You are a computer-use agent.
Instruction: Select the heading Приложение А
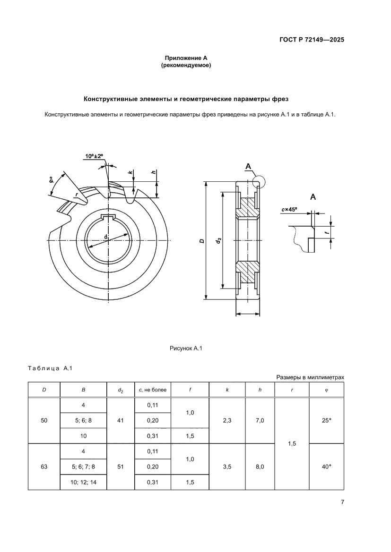(186, 58)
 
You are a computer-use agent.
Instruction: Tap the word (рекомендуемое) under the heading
(186, 66)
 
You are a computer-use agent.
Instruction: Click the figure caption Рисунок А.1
(186, 348)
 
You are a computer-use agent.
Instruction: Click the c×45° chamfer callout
(289, 210)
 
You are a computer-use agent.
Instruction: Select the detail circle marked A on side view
(259, 181)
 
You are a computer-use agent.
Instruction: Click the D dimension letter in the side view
(202, 241)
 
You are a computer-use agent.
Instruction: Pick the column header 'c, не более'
(152, 390)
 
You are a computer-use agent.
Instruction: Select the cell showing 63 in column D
(44, 467)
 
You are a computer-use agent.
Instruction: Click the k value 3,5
(227, 467)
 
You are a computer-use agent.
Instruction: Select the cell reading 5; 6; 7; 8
(83, 467)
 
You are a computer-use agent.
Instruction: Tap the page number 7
(342, 502)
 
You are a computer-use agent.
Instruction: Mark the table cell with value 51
(120, 467)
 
